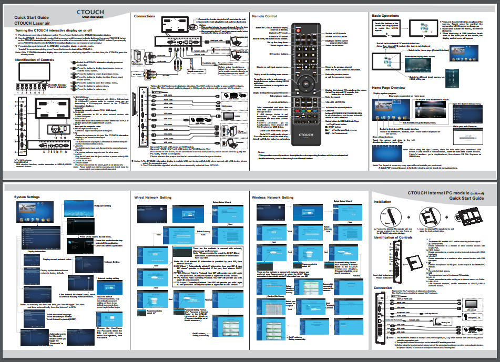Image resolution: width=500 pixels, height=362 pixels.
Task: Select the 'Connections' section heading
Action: pos(144,17)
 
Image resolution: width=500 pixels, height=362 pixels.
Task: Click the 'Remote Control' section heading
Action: pos(266,17)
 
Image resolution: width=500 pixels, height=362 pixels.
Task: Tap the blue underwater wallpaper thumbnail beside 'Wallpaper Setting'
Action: pos(69,205)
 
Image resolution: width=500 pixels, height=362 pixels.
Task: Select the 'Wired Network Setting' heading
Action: pos(152,197)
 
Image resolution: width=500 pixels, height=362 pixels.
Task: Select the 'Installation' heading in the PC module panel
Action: pos(382,202)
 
